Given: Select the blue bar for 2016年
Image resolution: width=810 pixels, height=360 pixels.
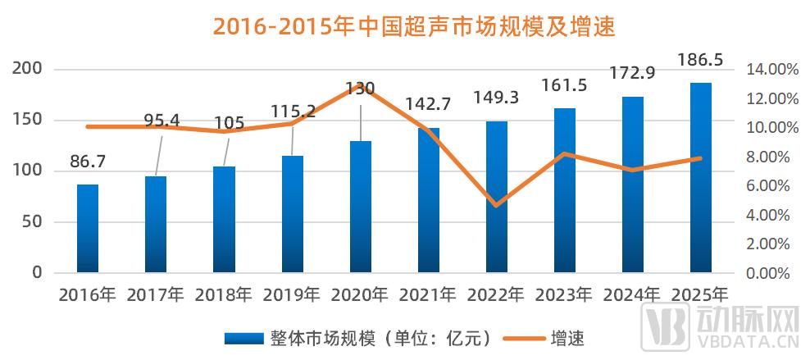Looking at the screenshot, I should pos(88,228).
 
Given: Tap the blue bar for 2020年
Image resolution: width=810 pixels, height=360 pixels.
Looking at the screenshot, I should pos(361,207).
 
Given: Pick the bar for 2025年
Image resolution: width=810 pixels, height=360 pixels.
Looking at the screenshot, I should pos(701,177).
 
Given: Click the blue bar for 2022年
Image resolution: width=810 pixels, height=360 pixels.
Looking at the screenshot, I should pos(497,197).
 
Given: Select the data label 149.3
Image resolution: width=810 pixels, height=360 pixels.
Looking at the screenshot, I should pos(497,99).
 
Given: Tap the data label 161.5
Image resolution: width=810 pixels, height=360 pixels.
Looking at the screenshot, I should pos(565,85).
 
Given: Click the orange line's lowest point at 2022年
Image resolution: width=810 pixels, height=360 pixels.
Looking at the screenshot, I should pos(497,205).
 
